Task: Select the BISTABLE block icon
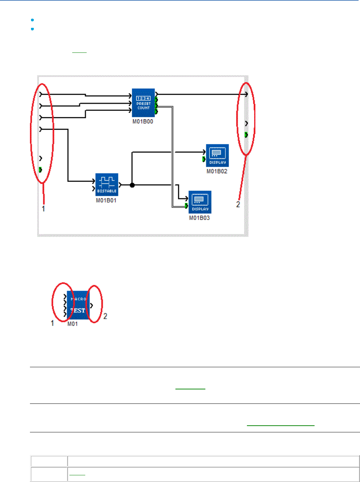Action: (x=107, y=184)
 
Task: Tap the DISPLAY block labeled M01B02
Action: (x=217, y=155)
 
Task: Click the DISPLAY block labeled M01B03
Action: (x=200, y=202)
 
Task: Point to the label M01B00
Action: (x=143, y=121)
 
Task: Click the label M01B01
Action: (x=106, y=200)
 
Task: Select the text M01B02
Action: (x=217, y=171)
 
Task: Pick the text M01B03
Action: (x=199, y=218)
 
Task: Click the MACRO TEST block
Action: (x=78, y=305)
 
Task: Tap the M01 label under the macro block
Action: (x=73, y=324)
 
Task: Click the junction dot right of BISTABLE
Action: (x=132, y=185)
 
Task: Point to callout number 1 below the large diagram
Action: (x=43, y=209)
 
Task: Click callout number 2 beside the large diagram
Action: (x=238, y=205)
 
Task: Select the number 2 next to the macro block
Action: (x=105, y=316)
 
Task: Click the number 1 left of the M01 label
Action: (x=52, y=323)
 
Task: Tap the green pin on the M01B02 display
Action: (x=204, y=159)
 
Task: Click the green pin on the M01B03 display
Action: (x=186, y=206)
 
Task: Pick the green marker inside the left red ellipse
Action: (x=41, y=170)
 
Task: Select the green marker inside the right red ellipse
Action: (x=246, y=134)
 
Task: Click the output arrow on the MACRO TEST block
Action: (x=92, y=305)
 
